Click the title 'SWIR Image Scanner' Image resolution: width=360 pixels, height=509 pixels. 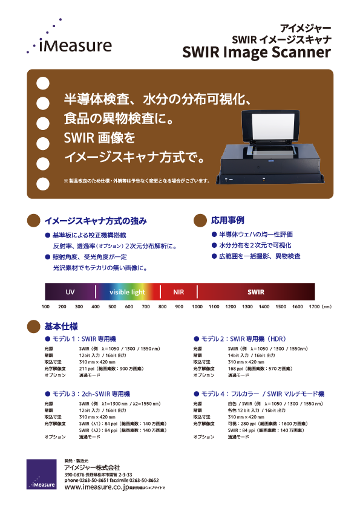click(x=257, y=53)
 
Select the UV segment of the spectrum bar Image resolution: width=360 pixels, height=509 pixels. click(x=70, y=292)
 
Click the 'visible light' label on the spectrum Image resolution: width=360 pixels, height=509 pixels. click(x=127, y=292)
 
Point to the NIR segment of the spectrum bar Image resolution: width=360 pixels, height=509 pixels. click(x=178, y=292)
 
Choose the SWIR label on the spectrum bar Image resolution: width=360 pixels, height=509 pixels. click(x=255, y=292)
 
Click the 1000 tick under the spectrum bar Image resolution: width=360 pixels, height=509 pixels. click(x=197, y=307)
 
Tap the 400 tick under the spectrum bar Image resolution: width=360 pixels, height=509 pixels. click(x=96, y=307)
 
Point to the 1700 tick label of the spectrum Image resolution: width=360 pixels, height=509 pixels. click(x=314, y=307)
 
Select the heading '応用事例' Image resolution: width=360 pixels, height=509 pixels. click(x=227, y=219)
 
